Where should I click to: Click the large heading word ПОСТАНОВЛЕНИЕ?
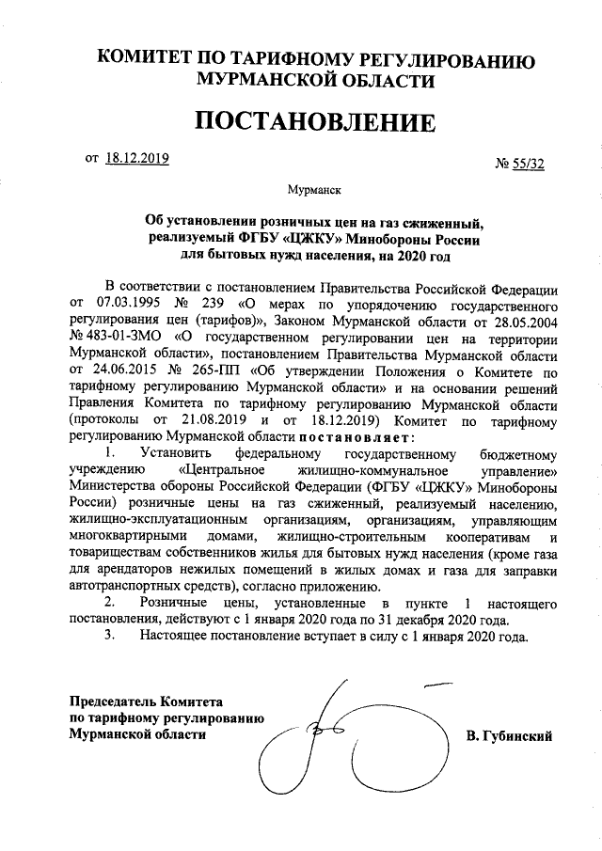[315, 122]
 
